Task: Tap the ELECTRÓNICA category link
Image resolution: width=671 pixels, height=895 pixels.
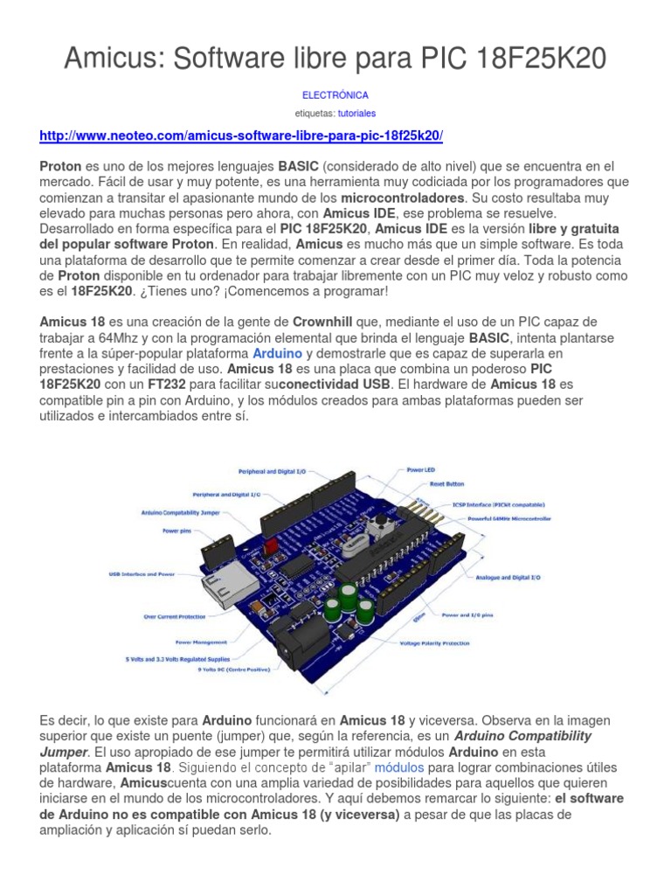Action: [x=335, y=94]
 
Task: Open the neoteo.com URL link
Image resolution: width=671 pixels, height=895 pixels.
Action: [x=242, y=136]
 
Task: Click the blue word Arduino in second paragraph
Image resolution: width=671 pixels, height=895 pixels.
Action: [x=277, y=353]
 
